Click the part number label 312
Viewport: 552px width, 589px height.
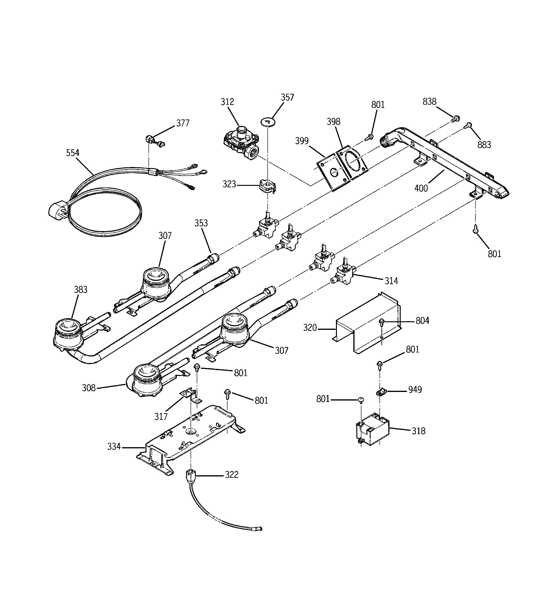(x=227, y=102)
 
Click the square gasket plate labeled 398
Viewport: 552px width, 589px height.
(x=352, y=162)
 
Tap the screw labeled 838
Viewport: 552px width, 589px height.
(x=455, y=119)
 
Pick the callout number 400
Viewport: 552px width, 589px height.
(x=421, y=188)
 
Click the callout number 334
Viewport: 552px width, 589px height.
(x=114, y=446)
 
